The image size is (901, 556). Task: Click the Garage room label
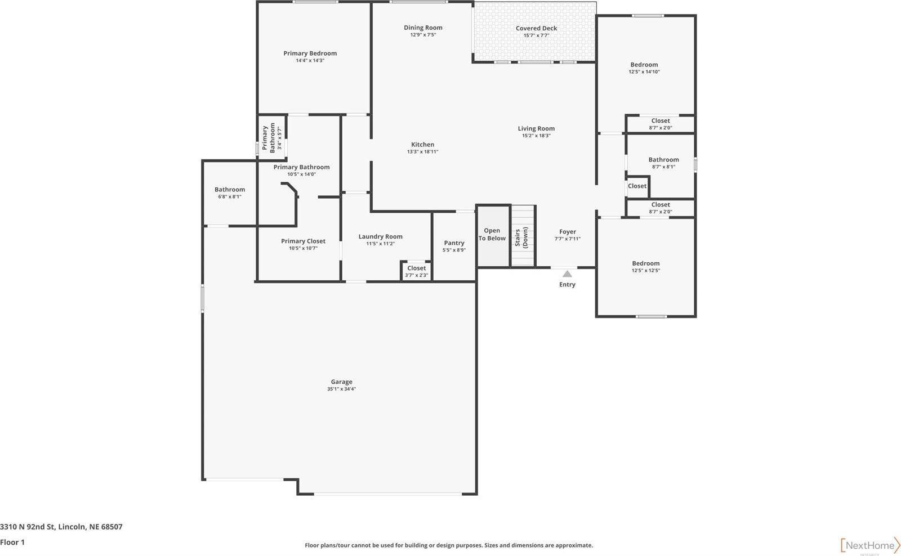341,382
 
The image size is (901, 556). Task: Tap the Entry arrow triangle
567,274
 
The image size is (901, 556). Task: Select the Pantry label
454,243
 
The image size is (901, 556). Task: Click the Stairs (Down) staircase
523,236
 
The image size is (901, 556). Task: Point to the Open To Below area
492,235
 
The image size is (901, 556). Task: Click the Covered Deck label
536,28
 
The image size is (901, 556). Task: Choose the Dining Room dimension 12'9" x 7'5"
423,35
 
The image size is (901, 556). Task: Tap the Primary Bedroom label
310,53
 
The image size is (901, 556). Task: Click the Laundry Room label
380,236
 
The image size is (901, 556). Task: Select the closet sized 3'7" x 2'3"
417,271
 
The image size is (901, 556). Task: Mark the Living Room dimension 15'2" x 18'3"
536,136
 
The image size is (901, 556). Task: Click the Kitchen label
422,145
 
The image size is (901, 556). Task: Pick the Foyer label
568,232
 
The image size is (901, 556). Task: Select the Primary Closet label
303,241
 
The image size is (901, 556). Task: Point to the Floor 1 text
12,542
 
